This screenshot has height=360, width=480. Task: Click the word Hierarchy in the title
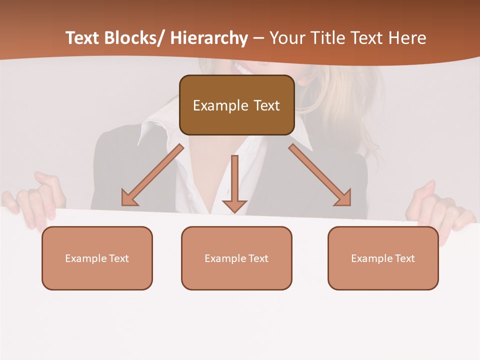tap(209, 38)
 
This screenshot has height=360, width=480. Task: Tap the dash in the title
tap(258, 38)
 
